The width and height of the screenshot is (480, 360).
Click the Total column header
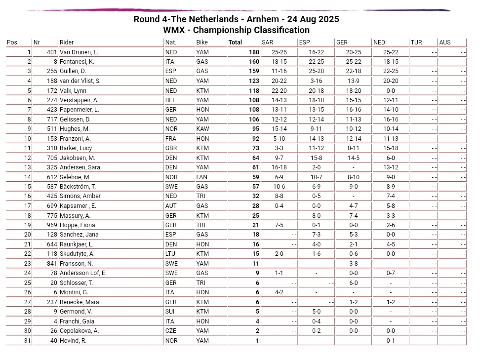pyautogui.click(x=235, y=42)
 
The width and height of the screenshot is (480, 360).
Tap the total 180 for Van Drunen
pyautogui.click(x=254, y=52)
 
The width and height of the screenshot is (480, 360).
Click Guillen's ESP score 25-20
pyautogui.click(x=316, y=72)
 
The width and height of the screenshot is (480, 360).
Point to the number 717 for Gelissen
pyautogui.click(x=52, y=120)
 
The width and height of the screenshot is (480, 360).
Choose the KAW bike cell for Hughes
pyautogui.click(x=202, y=129)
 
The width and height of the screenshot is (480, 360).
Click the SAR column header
pyautogui.click(x=267, y=42)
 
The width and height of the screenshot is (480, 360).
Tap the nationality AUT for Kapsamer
pyautogui.click(x=171, y=206)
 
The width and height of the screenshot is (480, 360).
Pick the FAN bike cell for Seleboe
pyautogui.click(x=202, y=177)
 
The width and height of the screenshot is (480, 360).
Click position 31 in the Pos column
pyautogui.click(x=27, y=341)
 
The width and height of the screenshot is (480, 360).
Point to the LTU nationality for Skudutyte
pyautogui.click(x=171, y=254)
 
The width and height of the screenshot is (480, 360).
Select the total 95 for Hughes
pyautogui.click(x=255, y=129)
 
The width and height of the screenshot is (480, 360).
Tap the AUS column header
pyautogui.click(x=445, y=42)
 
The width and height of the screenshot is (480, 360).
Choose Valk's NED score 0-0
pyautogui.click(x=391, y=91)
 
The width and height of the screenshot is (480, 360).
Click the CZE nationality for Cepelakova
pyautogui.click(x=171, y=331)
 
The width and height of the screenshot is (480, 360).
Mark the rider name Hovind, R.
pyautogui.click(x=73, y=341)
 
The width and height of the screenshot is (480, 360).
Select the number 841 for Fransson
pyautogui.click(x=52, y=264)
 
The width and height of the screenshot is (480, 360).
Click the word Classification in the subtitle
pyautogui.click(x=282, y=30)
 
